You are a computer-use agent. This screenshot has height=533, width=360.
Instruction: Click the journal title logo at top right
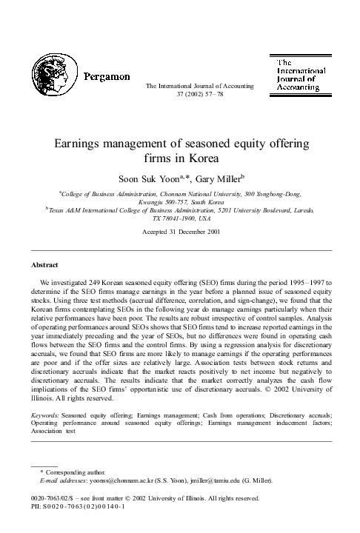(298, 75)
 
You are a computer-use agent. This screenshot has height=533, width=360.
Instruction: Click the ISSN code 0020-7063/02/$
(55, 499)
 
